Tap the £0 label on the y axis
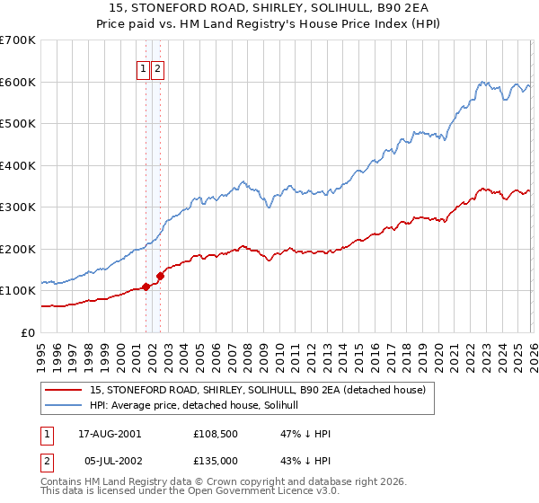(27, 332)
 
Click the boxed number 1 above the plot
(143, 68)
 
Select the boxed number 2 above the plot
(157, 68)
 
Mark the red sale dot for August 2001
(146, 287)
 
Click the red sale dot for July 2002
(160, 276)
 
